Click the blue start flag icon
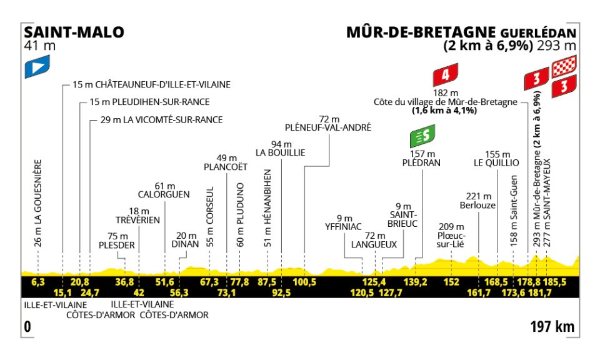[37, 67]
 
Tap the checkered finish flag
[564, 64]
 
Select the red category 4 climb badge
[444, 76]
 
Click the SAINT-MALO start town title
[74, 32]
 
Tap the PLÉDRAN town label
[422, 162]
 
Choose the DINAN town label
[186, 244]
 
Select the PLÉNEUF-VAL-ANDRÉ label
[327, 127]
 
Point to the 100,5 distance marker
[305, 282]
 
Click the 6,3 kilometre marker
[38, 282]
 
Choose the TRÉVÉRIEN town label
[138, 220]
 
